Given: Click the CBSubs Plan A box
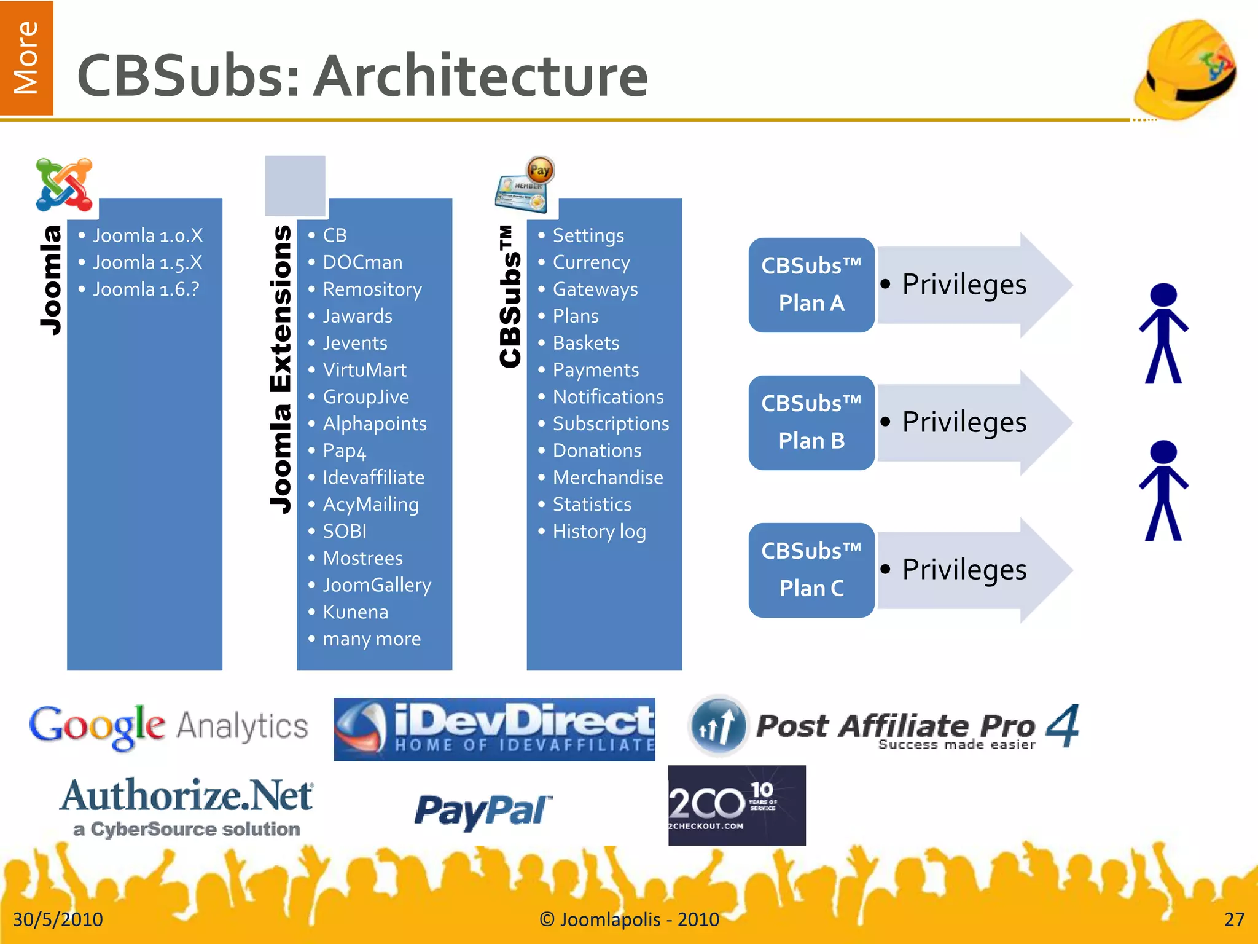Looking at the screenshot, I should coord(811,285).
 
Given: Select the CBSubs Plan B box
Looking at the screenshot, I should coord(811,422).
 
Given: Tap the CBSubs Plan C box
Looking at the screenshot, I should coord(811,570).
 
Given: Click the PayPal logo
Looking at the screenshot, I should coord(483,810).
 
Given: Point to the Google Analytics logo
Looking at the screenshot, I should coord(168,726).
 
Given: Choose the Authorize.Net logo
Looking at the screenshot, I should coord(187,805).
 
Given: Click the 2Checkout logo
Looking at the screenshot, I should coord(736,805).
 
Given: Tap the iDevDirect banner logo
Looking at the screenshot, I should coord(494,729).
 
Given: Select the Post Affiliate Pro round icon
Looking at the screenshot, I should coord(718,726).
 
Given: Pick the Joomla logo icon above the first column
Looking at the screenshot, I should coord(64,184).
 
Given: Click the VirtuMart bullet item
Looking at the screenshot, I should coord(364,370).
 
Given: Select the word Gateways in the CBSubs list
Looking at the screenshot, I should coord(595,289).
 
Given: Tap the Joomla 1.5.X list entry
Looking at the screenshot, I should coord(147,262).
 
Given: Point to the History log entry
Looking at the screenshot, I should coord(599,532).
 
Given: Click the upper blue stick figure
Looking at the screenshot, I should coord(1163,332).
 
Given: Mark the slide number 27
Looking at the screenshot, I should coord(1234,919).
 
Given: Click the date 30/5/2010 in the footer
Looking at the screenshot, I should coord(58,919).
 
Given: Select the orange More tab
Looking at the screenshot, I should coord(26,58).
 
